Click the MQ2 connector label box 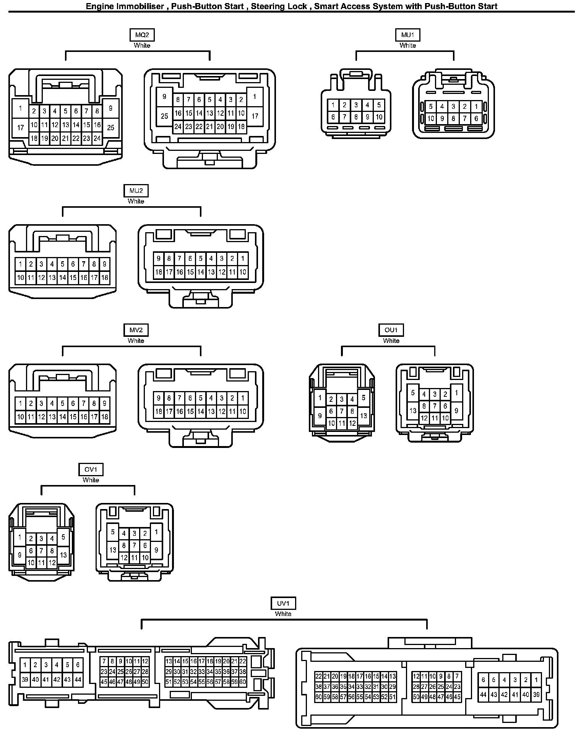pos(142,35)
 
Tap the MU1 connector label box pos(407,35)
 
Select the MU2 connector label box pos(136,191)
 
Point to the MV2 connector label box pos(136,330)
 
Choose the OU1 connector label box pos(391,330)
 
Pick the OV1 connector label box pos(91,470)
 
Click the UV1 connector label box pos(283,603)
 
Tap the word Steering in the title pos(266,6)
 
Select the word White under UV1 pos(283,614)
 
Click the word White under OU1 pos(391,341)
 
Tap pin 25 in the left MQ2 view pos(110,128)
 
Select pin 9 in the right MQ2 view pos(164,97)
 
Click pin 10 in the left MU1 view pos(379,117)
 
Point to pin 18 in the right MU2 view pos(159,272)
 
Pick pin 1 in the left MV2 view pos(20,404)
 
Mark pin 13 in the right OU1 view pos(413,411)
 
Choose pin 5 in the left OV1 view pos(63,537)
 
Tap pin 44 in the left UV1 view pos(78,680)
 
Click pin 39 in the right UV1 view pos(536,695)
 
